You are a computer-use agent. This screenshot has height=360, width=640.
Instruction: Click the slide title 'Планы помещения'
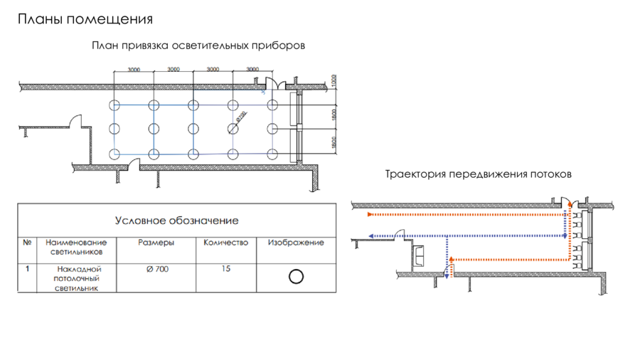(x=85, y=19)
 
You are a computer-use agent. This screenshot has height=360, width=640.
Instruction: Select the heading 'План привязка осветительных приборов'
(x=198, y=46)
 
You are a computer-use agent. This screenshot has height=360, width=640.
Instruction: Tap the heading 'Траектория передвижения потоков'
(x=479, y=174)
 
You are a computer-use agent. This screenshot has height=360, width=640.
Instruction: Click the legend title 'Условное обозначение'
(x=177, y=221)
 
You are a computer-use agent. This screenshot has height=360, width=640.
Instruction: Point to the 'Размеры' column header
(x=156, y=243)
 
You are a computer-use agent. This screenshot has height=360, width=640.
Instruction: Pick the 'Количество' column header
(x=225, y=243)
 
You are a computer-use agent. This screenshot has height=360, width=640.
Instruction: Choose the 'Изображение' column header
(x=296, y=243)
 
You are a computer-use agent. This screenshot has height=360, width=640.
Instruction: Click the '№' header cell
(x=28, y=243)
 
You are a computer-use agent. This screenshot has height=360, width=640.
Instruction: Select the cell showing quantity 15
(x=225, y=269)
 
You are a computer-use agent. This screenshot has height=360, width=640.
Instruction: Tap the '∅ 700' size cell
(x=156, y=269)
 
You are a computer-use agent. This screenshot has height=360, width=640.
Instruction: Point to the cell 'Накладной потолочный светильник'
(x=79, y=278)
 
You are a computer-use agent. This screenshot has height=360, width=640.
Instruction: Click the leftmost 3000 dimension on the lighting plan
(x=134, y=69)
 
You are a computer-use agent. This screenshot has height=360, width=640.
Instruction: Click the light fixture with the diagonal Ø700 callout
(x=233, y=129)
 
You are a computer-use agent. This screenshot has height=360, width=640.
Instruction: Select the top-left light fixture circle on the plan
(x=114, y=105)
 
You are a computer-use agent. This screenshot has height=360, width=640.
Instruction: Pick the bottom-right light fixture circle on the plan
(x=272, y=153)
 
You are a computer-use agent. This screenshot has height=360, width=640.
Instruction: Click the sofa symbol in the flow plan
(x=420, y=253)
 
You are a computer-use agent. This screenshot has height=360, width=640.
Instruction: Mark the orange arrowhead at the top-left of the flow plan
(x=370, y=213)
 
